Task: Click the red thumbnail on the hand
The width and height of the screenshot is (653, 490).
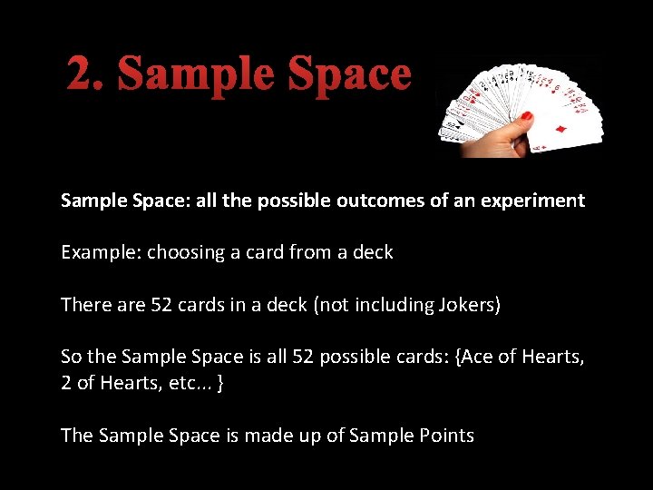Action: (x=525, y=116)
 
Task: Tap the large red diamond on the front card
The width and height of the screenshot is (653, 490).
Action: (x=560, y=131)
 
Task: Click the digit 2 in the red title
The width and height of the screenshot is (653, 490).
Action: (x=80, y=74)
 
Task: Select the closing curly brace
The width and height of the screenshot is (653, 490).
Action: (x=221, y=384)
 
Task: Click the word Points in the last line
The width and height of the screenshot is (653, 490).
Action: (x=445, y=436)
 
